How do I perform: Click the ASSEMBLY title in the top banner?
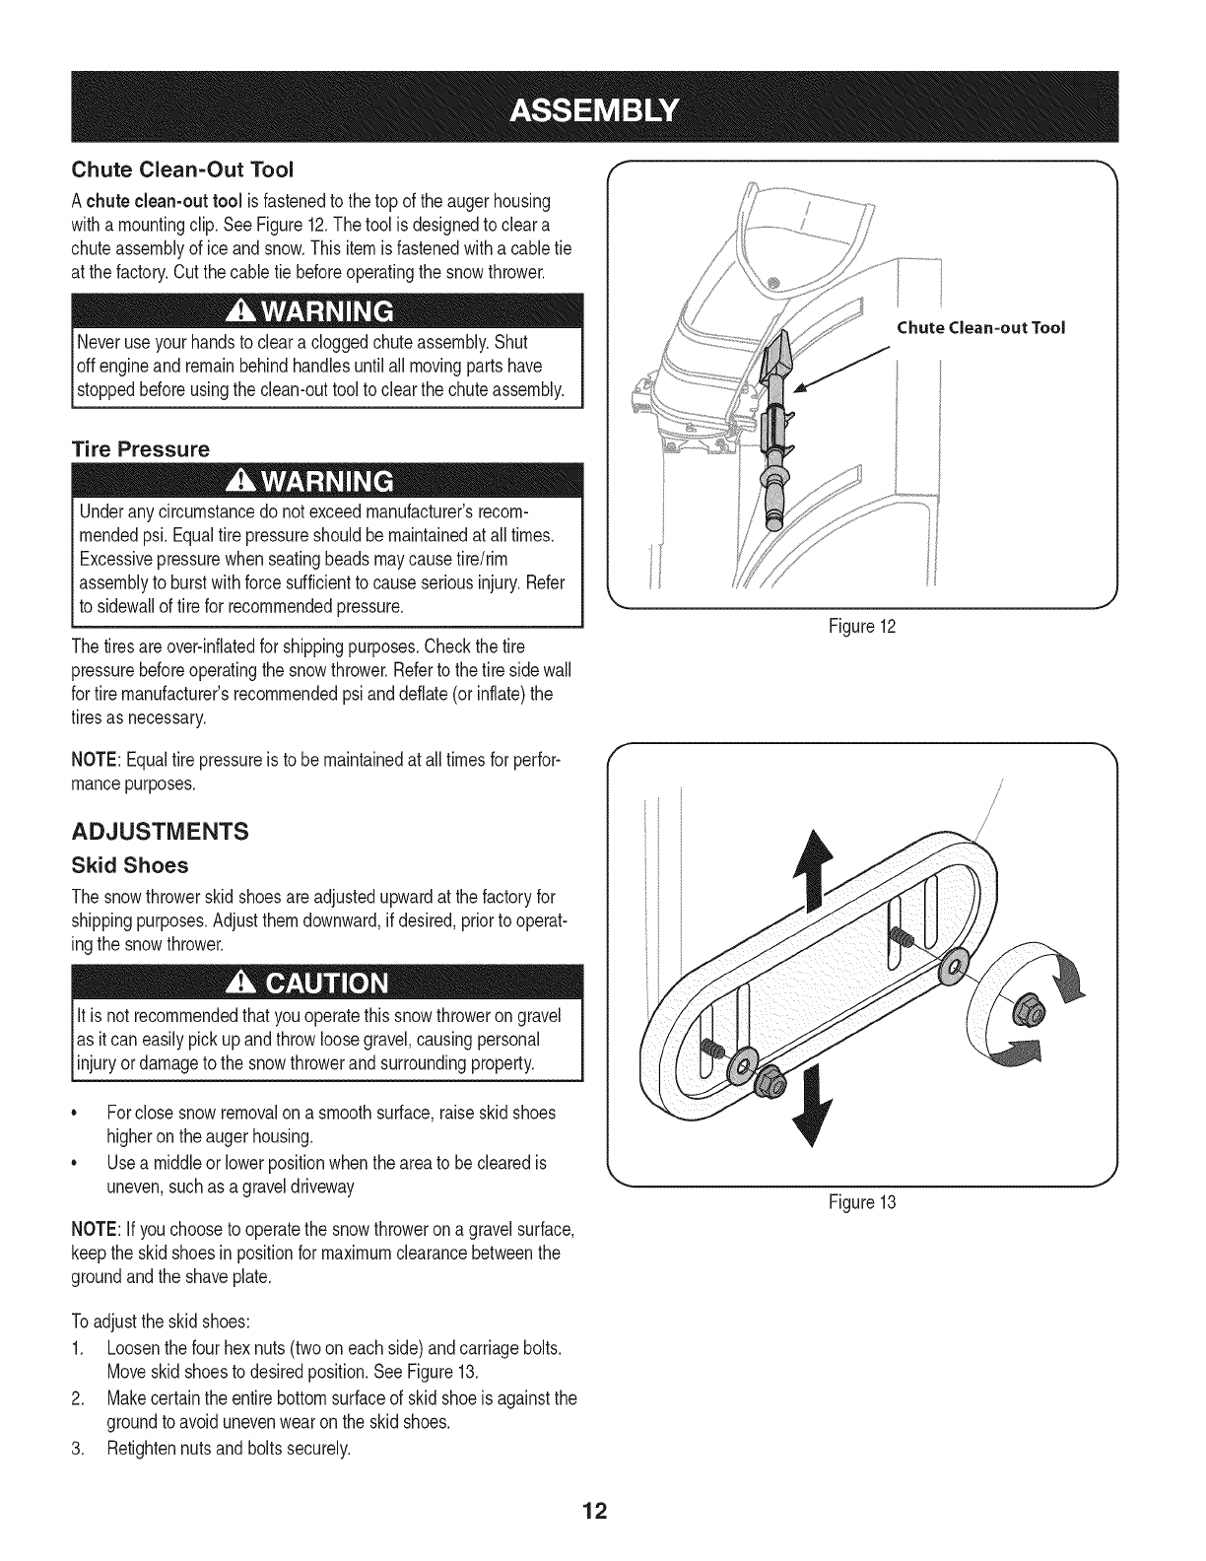tap(603, 106)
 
